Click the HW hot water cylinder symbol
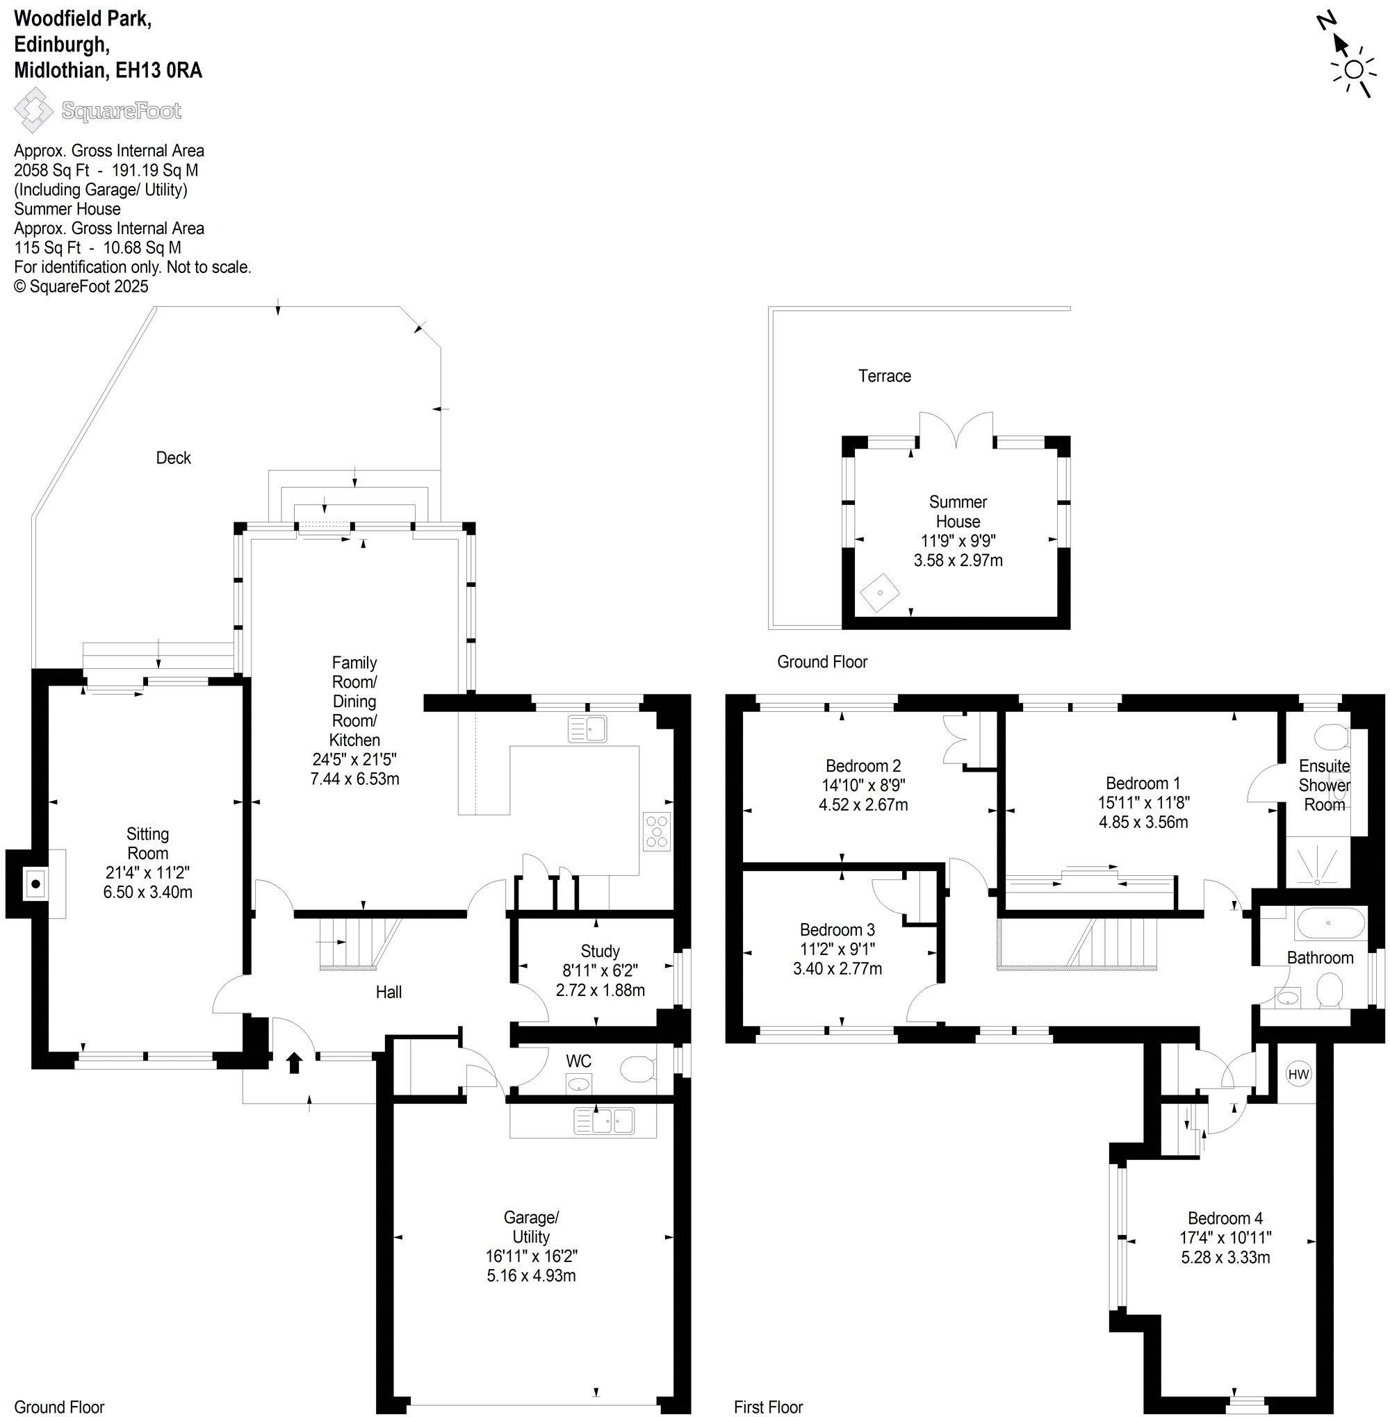point(1298,1074)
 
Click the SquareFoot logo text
point(121,111)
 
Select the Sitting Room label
point(147,843)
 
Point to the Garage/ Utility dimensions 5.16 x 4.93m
point(531,1276)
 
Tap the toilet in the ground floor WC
point(637,1070)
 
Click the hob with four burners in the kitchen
point(656,831)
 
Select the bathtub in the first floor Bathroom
point(1330,924)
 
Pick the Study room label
point(600,951)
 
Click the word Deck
point(173,458)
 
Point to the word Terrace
point(884,376)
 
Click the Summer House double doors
point(956,431)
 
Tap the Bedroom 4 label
point(1225,1218)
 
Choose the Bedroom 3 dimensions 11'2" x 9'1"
point(837,950)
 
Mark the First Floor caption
point(768,1407)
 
